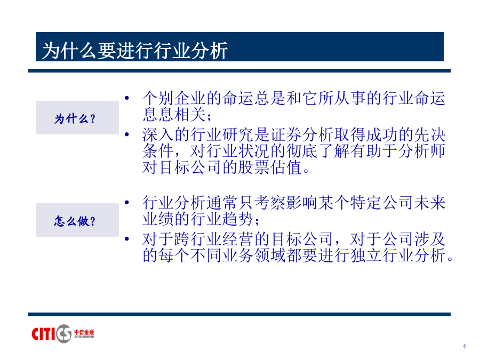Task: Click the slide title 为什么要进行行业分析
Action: pos(135,50)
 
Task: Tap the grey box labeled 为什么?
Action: pos(77,117)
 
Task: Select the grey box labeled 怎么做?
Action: pos(77,220)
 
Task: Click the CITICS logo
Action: pos(63,333)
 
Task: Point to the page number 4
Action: pos(465,346)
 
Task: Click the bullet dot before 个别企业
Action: pos(127,98)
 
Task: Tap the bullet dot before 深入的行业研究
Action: pos(127,134)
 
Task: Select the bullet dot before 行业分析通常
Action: pos(127,202)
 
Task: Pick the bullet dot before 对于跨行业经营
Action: pos(127,238)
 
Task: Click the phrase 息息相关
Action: pos(174,115)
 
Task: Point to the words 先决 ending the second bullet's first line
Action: pos(429,135)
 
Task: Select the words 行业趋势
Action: pos(222,219)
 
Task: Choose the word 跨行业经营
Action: pos(214,239)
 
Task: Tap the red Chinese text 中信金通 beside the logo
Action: pos(84,332)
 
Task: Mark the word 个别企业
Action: pos(174,98)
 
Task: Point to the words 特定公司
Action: pos(382,203)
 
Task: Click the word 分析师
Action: pos(421,151)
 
